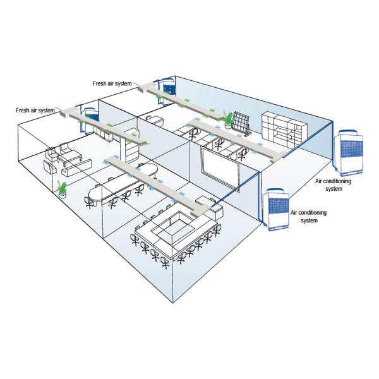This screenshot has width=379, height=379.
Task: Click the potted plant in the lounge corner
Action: [x=62, y=188]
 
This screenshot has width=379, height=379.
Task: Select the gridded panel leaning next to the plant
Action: [x=241, y=124]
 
